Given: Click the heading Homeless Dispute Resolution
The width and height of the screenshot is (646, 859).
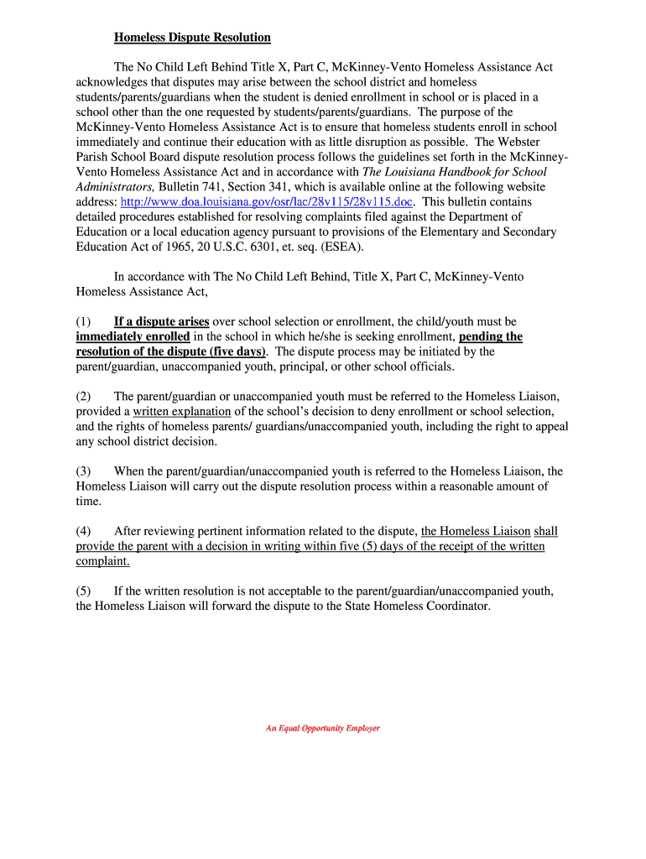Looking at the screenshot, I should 192,37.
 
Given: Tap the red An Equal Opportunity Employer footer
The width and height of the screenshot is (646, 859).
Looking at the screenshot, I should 323,728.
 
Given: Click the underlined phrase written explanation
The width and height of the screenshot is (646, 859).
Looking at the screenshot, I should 182,411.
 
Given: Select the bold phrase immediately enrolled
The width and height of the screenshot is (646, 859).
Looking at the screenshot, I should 133,336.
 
